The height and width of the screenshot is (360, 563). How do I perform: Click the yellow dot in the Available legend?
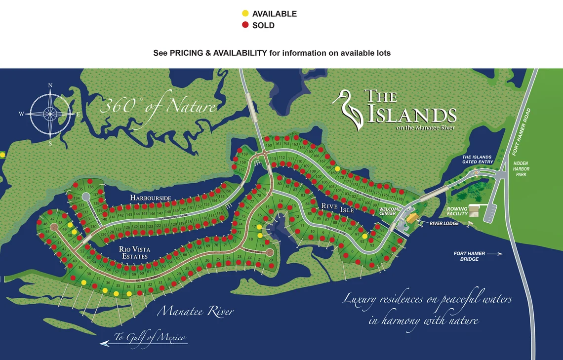tap(245, 14)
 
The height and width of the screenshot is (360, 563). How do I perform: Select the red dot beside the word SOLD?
tap(245, 25)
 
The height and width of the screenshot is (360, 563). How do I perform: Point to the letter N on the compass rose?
tap(50, 85)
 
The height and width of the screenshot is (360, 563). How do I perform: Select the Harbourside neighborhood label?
tap(151, 198)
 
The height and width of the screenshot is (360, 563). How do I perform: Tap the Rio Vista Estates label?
tap(133, 253)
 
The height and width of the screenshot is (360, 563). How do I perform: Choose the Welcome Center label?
tap(390, 211)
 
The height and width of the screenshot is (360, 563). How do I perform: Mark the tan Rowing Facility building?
tap(474, 210)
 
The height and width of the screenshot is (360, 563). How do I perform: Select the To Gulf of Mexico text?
tap(150, 338)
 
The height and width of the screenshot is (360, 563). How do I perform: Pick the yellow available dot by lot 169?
tap(337, 169)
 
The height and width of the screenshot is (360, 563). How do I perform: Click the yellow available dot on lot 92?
tap(364, 236)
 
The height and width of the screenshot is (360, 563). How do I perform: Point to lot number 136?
tap(90, 187)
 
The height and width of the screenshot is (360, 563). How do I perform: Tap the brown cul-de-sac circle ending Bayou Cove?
tap(269, 253)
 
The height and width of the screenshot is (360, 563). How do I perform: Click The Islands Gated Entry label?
tap(477, 160)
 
